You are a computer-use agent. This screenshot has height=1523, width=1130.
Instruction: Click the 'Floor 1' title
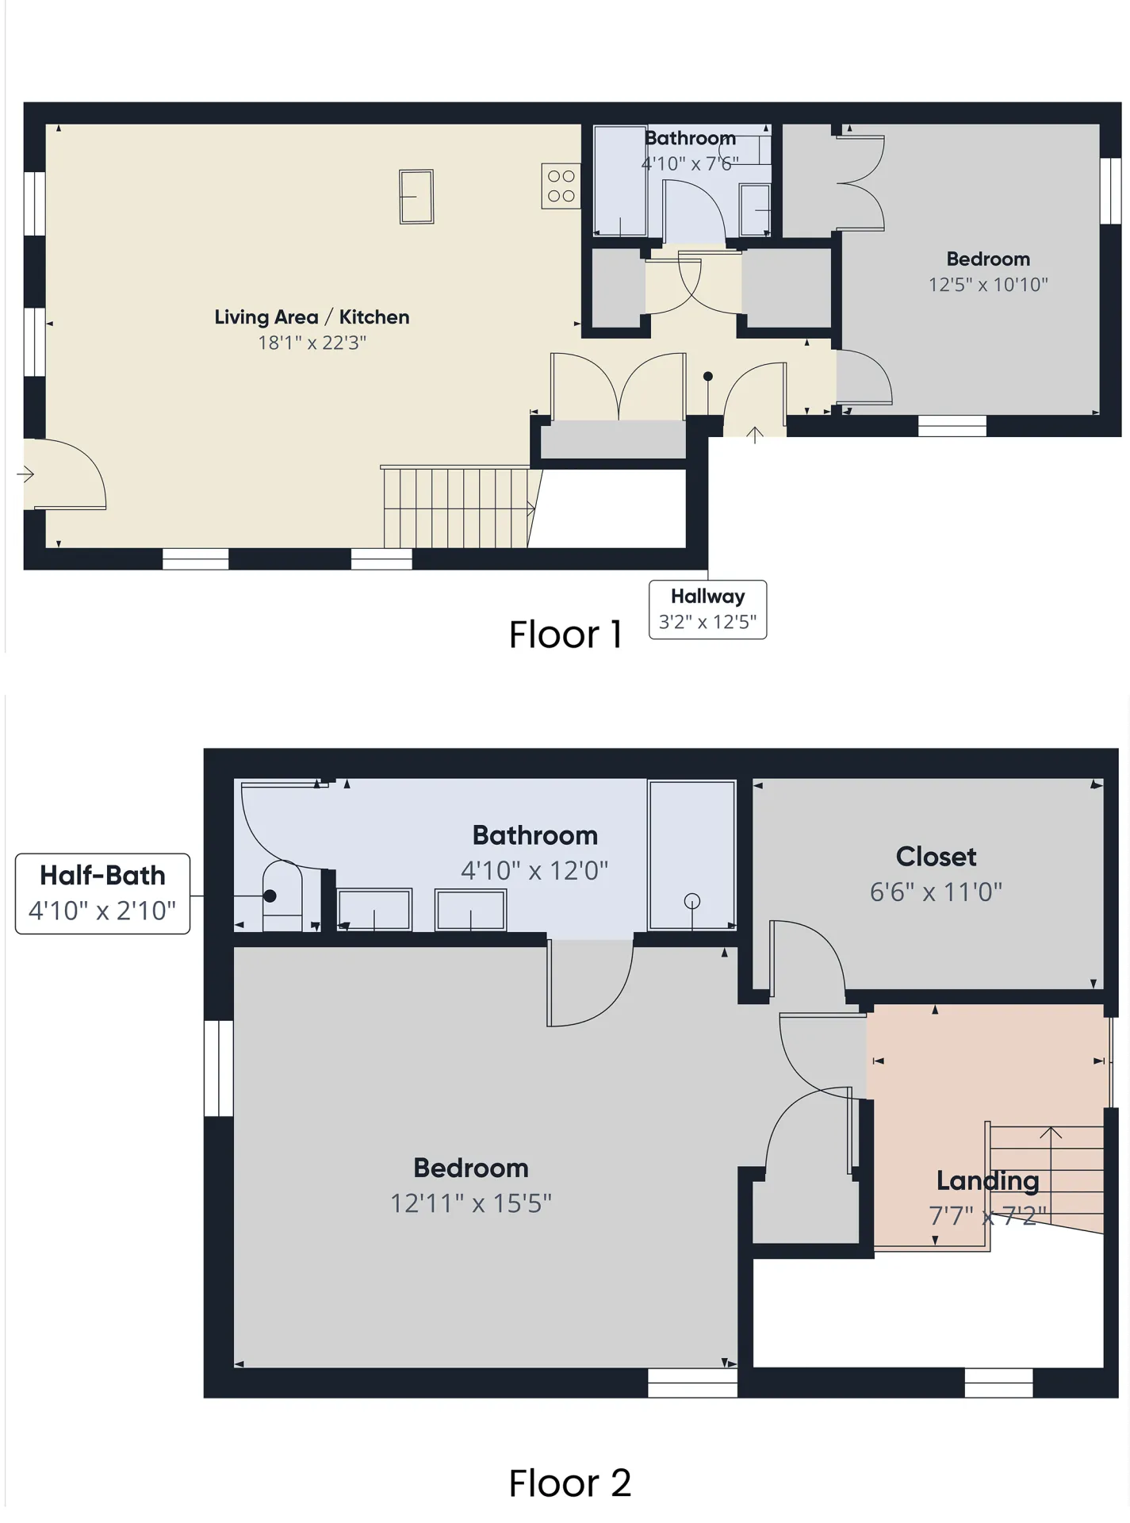565,635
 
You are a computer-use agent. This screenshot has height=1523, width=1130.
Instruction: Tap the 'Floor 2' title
569,1483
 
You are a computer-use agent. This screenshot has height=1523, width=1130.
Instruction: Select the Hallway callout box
707,609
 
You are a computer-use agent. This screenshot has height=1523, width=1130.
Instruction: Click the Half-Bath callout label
102,876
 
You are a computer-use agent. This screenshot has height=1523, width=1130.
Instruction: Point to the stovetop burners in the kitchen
561,186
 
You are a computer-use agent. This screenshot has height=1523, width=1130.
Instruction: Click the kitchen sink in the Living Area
416,197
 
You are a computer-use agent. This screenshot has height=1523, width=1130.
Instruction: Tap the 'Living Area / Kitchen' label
312,317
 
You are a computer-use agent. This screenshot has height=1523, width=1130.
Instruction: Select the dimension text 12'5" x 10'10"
988,285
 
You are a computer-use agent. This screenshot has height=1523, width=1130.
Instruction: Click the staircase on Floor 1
456,508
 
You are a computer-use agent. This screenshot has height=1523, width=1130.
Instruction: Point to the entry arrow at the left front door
25,475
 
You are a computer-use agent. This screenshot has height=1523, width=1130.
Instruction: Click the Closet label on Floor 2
936,857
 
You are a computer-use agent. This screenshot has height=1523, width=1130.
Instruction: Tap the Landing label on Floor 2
987,1180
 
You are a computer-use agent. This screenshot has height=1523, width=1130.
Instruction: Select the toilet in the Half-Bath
281,896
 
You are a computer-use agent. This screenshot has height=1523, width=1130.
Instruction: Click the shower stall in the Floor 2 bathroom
691,855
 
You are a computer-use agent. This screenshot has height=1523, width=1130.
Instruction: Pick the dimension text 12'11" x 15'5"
470,1203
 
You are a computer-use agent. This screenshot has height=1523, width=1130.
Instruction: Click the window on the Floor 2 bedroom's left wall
219,1068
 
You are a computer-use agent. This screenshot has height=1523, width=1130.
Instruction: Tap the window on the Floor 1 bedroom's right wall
1110,191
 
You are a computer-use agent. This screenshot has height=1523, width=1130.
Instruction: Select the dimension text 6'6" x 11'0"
936,892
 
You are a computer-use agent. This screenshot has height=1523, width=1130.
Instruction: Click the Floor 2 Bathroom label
534,835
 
